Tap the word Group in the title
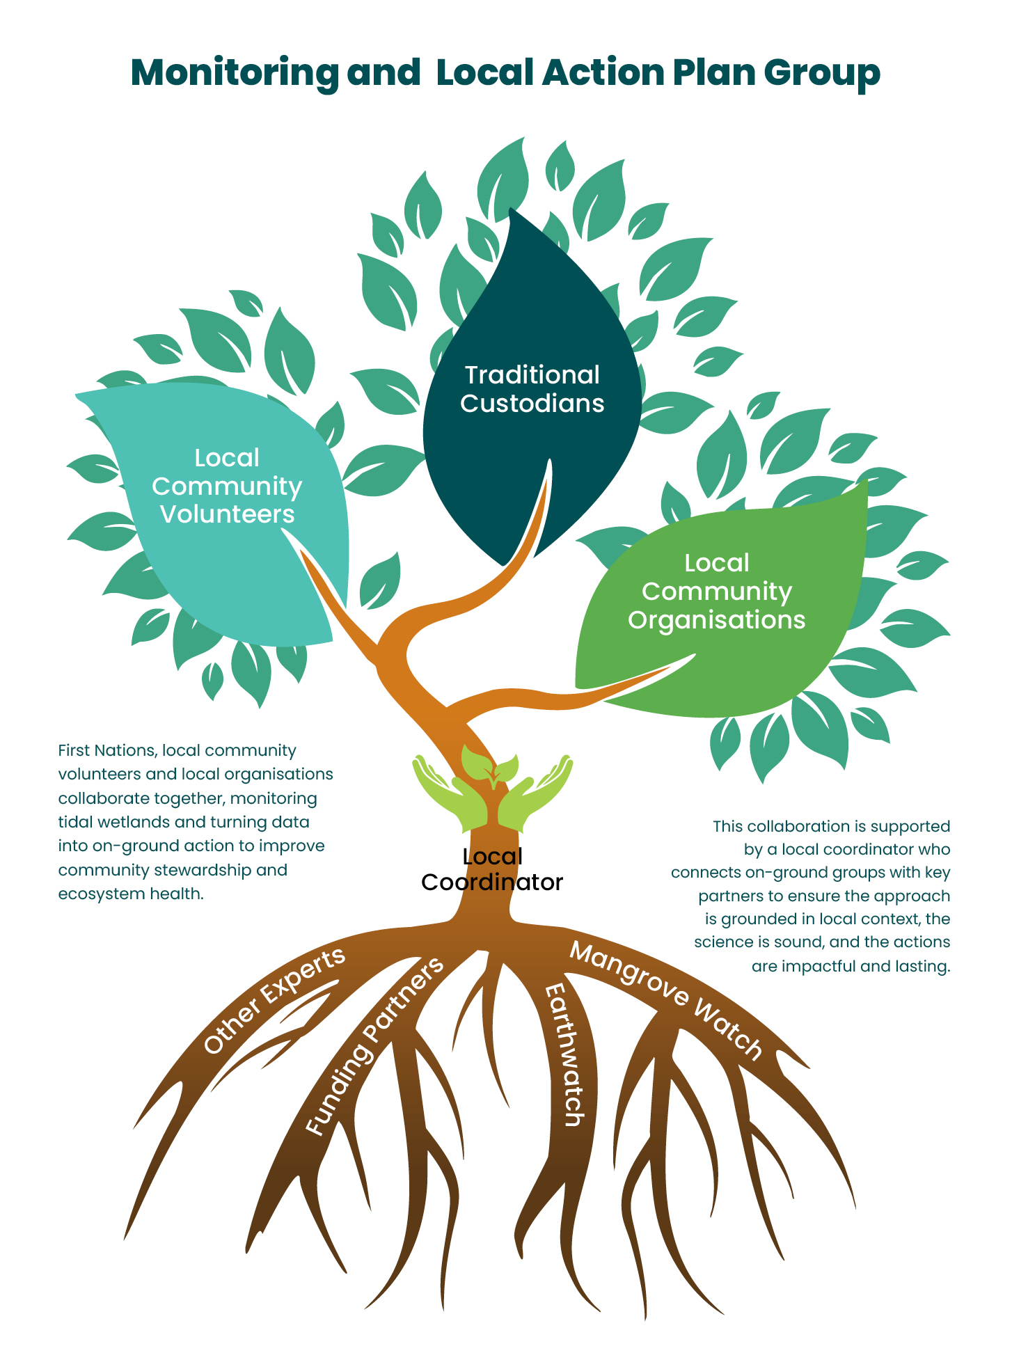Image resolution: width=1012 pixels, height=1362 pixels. coord(821,73)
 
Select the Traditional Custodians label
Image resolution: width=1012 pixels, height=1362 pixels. coord(532,389)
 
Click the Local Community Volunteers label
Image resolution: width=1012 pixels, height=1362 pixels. coord(227,486)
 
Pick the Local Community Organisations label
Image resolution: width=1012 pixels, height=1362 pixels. coord(717,591)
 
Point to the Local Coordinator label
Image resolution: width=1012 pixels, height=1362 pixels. coord(492,869)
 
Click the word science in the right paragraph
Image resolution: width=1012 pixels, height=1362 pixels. coord(722,942)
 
